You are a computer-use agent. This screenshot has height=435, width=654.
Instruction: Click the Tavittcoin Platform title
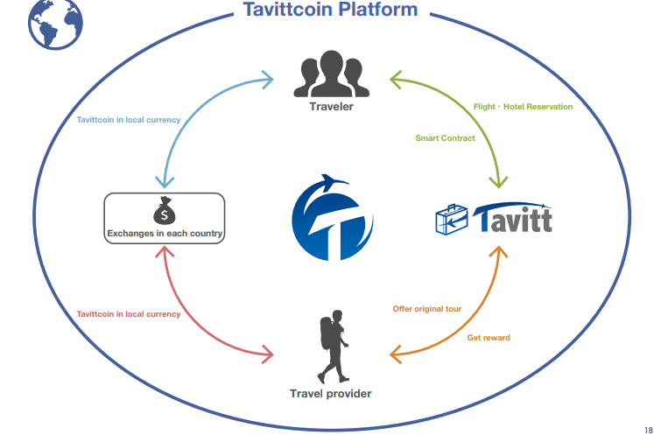tap(331, 11)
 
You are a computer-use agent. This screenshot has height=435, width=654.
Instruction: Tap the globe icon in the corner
tap(54, 24)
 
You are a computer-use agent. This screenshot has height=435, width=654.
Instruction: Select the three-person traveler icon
tap(329, 74)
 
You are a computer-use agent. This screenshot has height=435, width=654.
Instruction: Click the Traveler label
tap(331, 107)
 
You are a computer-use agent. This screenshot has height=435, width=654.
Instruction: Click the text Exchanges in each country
tap(165, 234)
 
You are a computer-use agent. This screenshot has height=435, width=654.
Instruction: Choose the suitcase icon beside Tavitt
tap(452, 218)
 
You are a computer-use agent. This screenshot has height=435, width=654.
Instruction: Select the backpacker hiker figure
tap(331, 347)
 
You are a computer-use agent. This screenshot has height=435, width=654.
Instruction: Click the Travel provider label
tap(331, 393)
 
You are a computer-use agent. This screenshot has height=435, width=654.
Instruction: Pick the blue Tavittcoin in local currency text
tap(129, 119)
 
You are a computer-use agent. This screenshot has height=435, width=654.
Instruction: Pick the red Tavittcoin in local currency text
tap(129, 314)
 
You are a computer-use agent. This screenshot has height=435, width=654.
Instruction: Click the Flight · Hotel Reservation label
tap(523, 107)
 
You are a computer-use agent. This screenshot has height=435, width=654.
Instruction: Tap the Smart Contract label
tap(445, 138)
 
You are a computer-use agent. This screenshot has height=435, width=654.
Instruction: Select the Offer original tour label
tap(427, 309)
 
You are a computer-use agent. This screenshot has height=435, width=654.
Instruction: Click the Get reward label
tap(489, 337)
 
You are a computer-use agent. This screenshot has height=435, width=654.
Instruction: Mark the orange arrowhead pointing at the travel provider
tap(395, 354)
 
